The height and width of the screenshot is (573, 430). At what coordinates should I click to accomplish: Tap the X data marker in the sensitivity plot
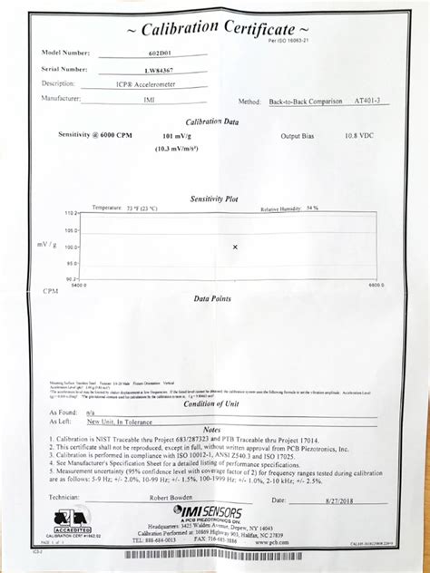235,247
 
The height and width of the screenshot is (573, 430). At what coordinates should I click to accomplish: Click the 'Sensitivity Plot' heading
214,199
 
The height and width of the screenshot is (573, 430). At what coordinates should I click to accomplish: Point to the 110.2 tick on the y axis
71,213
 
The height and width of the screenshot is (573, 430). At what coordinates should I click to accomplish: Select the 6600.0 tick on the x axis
378,286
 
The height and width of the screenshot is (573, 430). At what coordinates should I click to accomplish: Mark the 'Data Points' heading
212,297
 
